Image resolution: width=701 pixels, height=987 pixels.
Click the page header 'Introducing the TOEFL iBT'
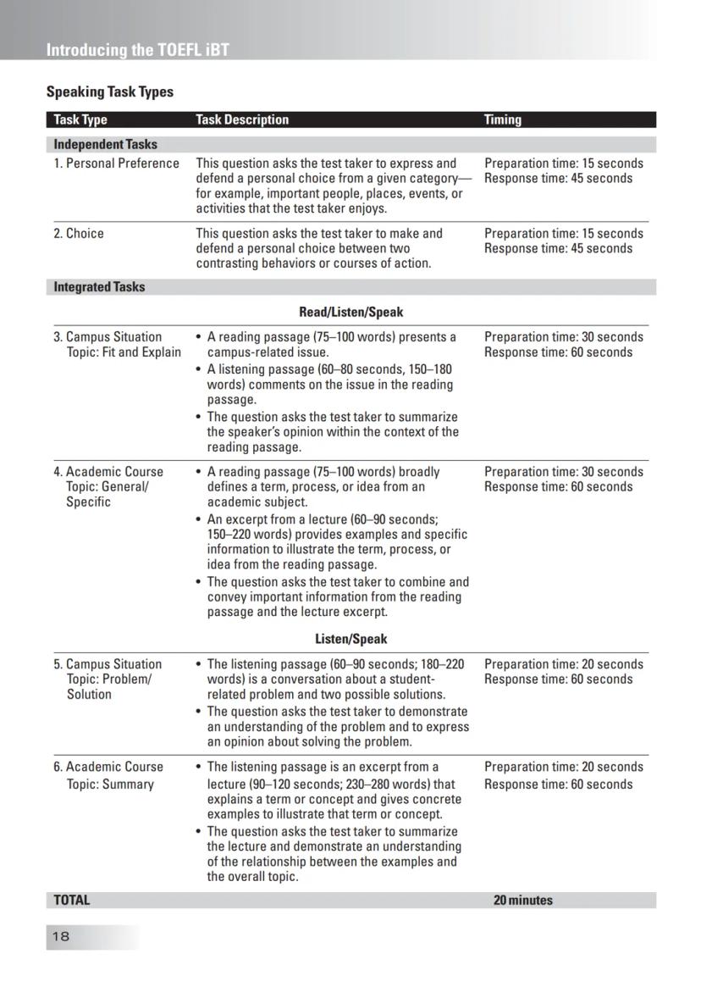(137, 49)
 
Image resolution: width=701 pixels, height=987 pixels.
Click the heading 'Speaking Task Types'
(109, 91)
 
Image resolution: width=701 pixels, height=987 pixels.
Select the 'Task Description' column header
(242, 119)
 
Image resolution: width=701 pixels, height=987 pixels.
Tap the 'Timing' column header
(503, 119)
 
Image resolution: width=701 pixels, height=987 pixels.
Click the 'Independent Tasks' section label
(105, 144)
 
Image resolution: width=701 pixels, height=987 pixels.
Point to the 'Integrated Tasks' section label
(99, 286)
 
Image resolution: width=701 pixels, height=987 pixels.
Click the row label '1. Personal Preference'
(116, 164)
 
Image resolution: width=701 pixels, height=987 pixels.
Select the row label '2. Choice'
(79, 233)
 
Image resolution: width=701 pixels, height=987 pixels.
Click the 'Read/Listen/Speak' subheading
(350, 312)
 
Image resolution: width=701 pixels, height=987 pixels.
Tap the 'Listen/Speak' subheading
(350, 639)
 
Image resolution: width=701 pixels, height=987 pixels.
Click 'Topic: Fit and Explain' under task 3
(124, 352)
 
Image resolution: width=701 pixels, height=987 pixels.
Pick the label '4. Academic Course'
(108, 472)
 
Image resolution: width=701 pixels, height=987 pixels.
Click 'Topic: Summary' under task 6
(110, 784)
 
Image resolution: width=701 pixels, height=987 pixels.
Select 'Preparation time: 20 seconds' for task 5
(563, 664)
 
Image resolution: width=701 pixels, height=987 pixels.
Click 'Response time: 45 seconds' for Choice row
(558, 248)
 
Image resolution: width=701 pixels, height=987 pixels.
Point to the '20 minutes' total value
(522, 900)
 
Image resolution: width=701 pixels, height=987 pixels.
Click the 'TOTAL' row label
(71, 900)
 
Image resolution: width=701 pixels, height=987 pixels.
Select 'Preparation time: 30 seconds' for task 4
(563, 472)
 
